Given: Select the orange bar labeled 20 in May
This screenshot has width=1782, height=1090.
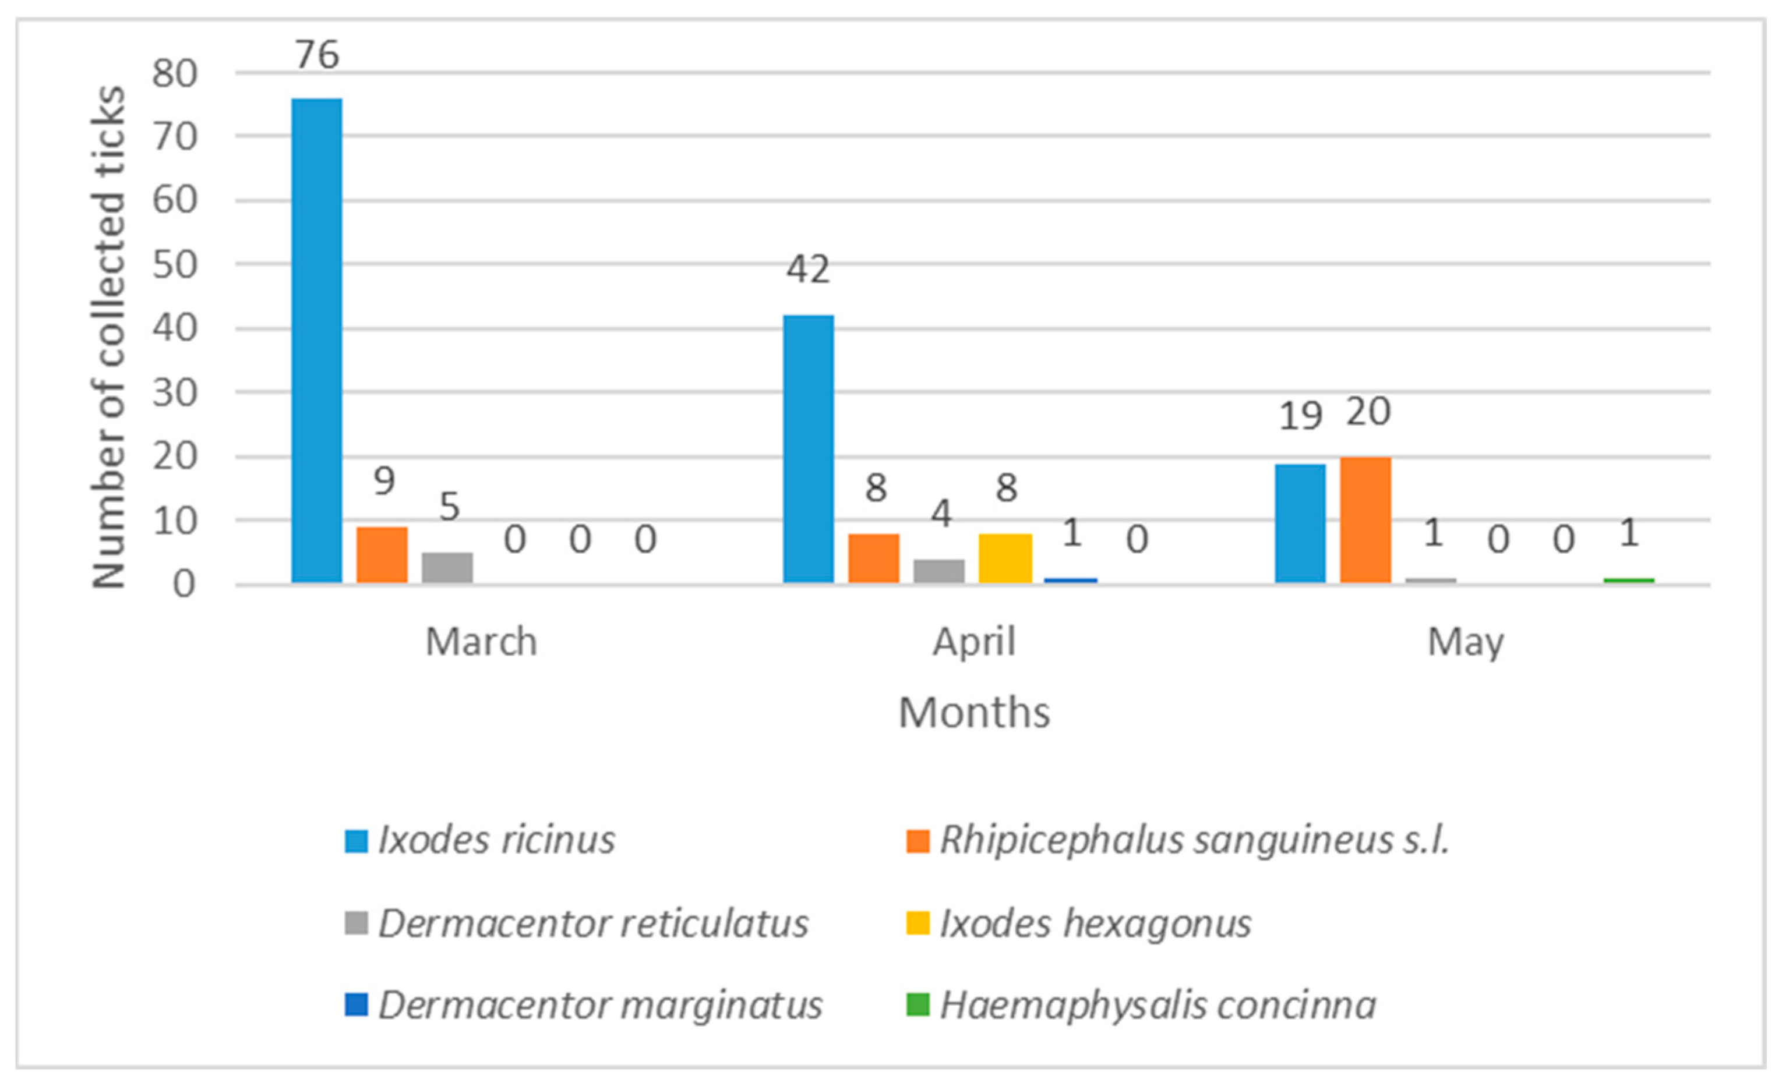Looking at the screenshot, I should pyautogui.click(x=1365, y=519).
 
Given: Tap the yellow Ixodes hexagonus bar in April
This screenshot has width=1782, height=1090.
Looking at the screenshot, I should pyautogui.click(x=1005, y=557).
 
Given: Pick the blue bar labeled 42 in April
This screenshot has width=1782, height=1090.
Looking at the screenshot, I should pyautogui.click(x=809, y=448).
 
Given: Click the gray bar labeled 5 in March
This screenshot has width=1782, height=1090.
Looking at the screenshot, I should pyautogui.click(x=447, y=567).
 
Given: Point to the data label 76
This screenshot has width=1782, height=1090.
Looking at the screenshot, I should pyautogui.click(x=317, y=55).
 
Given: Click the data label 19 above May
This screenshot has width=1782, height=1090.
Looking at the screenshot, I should pyautogui.click(x=1300, y=416).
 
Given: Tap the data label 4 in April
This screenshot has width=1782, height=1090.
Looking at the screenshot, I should pyautogui.click(x=940, y=513).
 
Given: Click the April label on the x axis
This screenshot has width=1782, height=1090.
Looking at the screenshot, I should pyautogui.click(x=973, y=642).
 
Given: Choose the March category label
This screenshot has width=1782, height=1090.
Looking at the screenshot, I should pyautogui.click(x=481, y=642).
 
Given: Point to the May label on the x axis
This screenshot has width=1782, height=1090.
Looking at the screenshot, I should pyautogui.click(x=1465, y=642).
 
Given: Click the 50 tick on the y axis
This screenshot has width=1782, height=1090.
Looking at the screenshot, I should pyautogui.click(x=174, y=264).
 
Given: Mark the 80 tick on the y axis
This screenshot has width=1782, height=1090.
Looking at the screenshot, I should pyautogui.click(x=174, y=73).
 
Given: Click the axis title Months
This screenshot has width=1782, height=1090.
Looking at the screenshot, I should pyautogui.click(x=973, y=713).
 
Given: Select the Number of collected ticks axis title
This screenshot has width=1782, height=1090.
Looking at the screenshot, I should pyautogui.click(x=108, y=336).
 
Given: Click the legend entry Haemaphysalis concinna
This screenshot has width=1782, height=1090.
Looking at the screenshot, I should pyautogui.click(x=1157, y=1005).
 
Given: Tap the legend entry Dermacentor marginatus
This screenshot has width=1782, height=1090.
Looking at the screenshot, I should pyautogui.click(x=599, y=1005).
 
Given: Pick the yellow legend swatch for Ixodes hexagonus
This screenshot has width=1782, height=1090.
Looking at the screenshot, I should pyautogui.click(x=917, y=923).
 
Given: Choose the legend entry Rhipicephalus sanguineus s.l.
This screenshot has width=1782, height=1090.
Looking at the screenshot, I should pyautogui.click(x=1193, y=840).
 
